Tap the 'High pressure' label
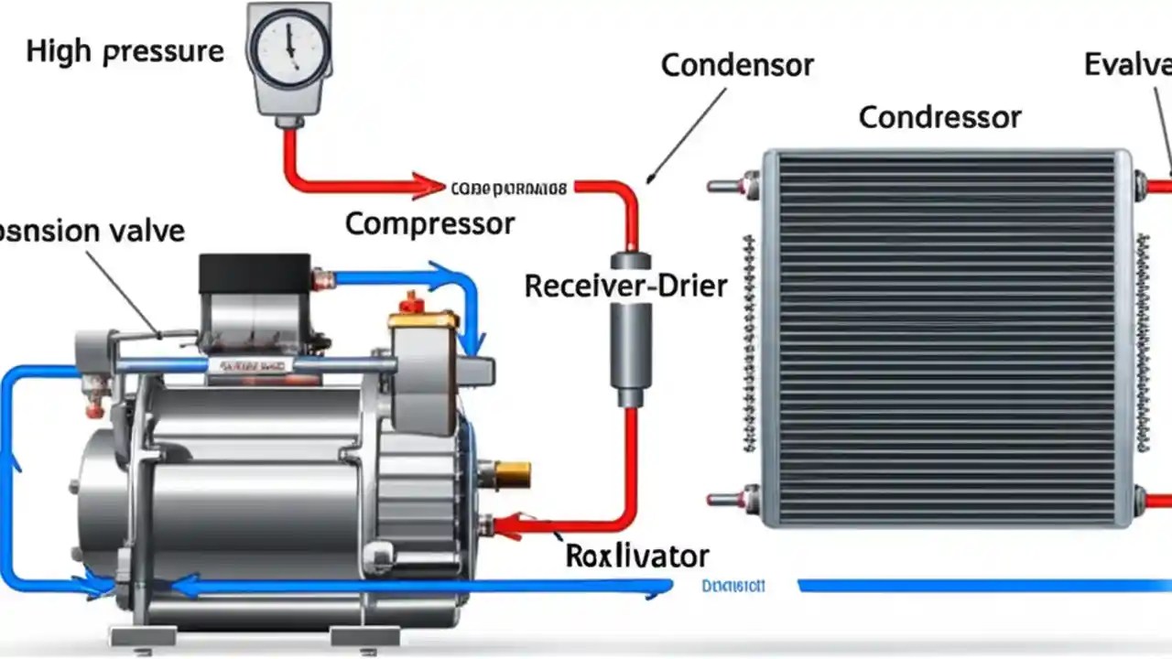[x=125, y=51]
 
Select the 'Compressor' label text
[x=429, y=223]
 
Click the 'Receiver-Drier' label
[x=625, y=286]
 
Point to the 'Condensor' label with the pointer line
[x=737, y=66]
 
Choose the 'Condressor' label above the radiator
[x=939, y=117]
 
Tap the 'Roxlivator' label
[x=636, y=555]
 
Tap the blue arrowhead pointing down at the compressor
[x=472, y=343]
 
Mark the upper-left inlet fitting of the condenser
[x=732, y=185]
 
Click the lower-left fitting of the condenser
[x=732, y=500]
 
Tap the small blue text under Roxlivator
[x=733, y=587]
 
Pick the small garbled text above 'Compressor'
[x=509, y=189]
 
